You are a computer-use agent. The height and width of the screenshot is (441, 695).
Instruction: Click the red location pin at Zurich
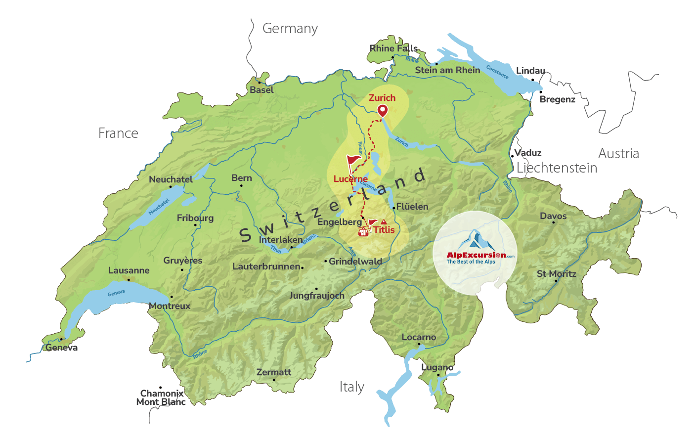point(383,111)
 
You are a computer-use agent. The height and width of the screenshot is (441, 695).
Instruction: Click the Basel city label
point(261,90)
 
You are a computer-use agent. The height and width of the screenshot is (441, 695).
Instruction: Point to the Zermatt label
point(274,372)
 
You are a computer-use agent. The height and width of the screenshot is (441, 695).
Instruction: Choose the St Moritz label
point(556,274)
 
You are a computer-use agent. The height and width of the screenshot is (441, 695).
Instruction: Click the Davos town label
point(553,216)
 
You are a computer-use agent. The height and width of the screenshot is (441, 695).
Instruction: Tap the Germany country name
point(290,29)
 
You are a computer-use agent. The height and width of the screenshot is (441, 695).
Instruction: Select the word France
point(118,133)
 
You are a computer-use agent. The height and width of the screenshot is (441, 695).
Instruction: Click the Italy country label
point(352,387)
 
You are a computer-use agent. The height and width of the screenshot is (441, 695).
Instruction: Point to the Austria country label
point(618,154)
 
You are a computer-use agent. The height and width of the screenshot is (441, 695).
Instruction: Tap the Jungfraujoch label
point(316,296)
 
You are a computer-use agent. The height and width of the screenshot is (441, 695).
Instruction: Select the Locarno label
point(419,337)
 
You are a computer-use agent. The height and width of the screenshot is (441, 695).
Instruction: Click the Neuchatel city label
point(171,179)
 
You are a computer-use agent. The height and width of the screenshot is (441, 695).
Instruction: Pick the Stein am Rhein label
point(447,70)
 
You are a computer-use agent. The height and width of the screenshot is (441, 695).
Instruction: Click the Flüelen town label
point(412,207)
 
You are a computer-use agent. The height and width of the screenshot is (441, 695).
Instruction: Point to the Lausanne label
point(129,270)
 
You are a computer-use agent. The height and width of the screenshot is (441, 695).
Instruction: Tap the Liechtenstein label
point(557,168)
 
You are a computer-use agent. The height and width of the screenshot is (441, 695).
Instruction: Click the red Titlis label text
point(384,230)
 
